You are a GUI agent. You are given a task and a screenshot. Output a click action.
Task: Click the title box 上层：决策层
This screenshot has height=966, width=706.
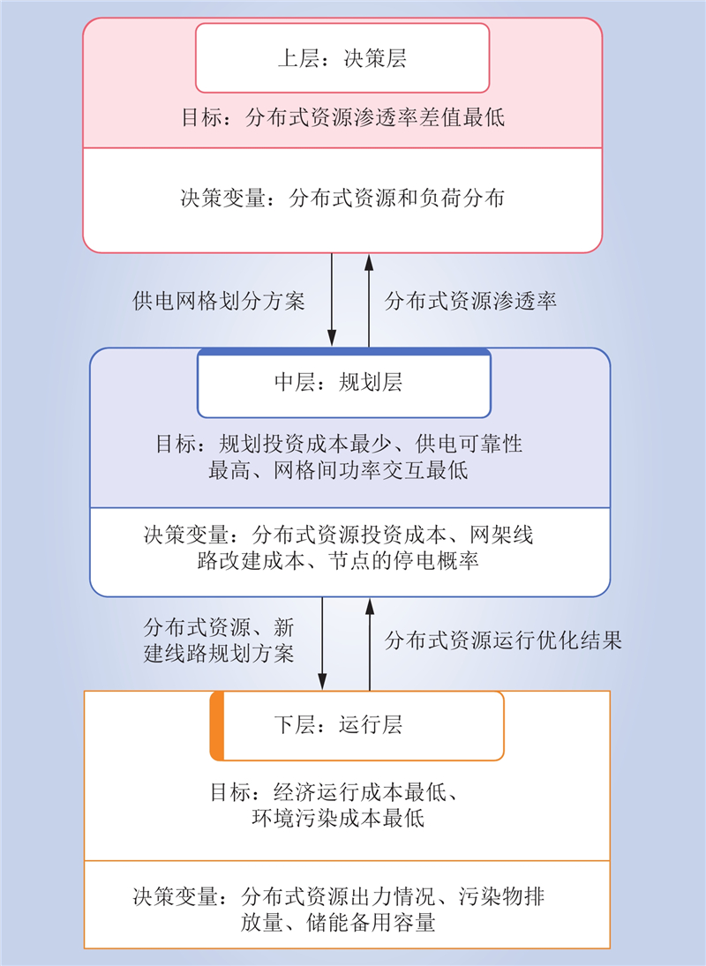tap(342, 58)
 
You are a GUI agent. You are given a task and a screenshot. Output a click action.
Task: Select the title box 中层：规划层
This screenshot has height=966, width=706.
tap(344, 383)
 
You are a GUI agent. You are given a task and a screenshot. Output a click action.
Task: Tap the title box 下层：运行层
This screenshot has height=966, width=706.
tap(357, 726)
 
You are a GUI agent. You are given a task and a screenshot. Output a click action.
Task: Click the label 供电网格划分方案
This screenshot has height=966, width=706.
tap(219, 301)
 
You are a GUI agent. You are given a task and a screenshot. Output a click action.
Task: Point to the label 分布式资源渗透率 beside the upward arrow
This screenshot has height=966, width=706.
tap(470, 301)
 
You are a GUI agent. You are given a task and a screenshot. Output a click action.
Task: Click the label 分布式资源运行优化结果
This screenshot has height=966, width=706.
tap(503, 640)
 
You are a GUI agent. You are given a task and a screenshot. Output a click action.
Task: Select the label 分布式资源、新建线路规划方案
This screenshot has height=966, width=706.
tap(219, 640)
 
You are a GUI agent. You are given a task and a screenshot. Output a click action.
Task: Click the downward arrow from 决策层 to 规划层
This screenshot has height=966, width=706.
tap(332, 299)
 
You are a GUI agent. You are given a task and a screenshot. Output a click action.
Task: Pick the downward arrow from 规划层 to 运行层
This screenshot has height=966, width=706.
tap(322, 643)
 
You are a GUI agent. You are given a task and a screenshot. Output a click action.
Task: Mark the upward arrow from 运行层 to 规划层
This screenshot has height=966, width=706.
tap(370, 644)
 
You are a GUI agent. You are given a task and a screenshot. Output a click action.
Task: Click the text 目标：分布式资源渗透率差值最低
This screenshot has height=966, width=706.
tap(342, 117)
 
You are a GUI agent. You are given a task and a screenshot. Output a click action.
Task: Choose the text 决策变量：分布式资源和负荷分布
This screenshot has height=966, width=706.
tap(342, 198)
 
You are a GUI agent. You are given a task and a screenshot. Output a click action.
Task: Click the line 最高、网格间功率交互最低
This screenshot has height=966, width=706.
tap(338, 471)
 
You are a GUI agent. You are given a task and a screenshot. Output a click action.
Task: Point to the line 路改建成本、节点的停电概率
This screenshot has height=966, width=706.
tap(338, 561)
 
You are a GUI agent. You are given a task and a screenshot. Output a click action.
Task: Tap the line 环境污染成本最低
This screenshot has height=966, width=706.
tap(338, 819)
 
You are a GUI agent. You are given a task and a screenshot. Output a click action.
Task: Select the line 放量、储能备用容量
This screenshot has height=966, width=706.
tap(338, 923)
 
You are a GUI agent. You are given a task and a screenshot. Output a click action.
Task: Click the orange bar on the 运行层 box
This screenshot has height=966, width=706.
tap(217, 726)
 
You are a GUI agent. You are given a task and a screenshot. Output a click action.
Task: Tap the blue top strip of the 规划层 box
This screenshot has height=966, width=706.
tap(344, 352)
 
